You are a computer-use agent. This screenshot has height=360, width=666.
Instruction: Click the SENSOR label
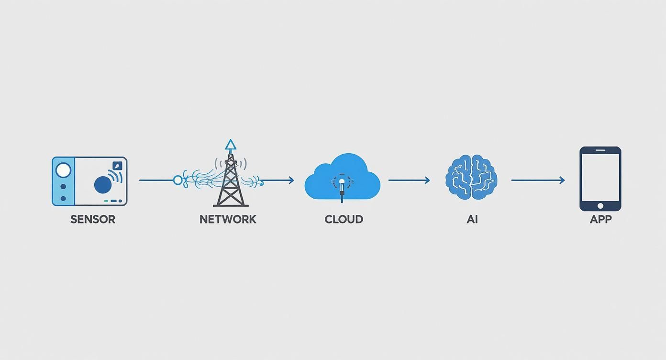[93, 219]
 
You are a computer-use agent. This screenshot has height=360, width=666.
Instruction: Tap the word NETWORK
[228, 219]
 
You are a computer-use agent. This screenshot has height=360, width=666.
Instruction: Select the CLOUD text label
[344, 219]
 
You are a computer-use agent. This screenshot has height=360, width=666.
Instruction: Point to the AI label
[472, 219]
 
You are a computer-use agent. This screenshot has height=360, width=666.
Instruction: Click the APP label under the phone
[600, 219]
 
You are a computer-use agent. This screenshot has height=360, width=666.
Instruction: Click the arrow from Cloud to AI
[409, 180]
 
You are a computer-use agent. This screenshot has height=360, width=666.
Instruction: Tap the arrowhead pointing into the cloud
[290, 180]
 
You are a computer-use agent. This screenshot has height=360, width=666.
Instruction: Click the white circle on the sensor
[63, 170]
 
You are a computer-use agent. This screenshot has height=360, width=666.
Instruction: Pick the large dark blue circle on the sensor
[103, 185]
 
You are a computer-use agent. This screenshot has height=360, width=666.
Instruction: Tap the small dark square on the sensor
[117, 166]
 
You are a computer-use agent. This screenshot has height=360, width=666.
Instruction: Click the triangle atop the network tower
[231, 145]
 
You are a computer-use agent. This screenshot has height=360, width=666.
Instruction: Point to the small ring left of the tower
[178, 180]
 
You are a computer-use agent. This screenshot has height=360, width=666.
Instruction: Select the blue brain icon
[471, 177]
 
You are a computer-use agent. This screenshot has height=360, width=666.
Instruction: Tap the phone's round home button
[600, 206]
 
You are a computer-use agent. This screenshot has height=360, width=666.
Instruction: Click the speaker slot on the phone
[600, 150]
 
